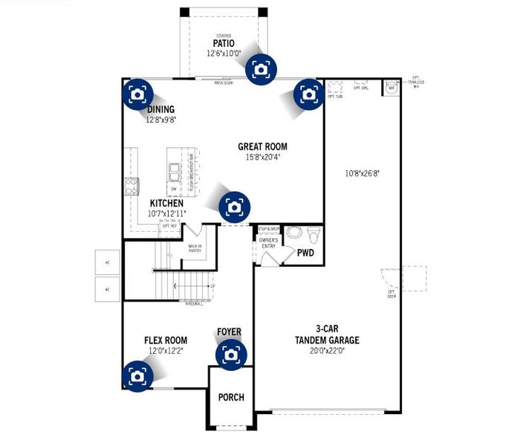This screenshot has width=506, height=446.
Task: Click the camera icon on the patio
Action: click(261, 69)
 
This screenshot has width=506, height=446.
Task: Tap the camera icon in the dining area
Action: click(137, 94)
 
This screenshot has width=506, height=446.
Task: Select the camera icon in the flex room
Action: click(137, 375)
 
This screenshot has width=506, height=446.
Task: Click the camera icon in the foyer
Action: click(231, 355)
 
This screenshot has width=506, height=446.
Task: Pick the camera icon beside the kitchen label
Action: click(234, 206)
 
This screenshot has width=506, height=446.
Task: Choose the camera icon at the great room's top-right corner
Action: click(308, 94)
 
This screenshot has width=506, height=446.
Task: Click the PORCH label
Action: click(230, 397)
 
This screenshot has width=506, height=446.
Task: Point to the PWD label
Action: click(305, 253)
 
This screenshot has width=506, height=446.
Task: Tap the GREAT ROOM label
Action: click(262, 146)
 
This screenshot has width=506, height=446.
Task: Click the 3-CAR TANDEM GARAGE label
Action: click(327, 335)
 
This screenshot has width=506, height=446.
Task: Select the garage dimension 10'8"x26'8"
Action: click(362, 173)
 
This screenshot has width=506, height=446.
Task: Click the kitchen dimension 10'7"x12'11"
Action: click(167, 213)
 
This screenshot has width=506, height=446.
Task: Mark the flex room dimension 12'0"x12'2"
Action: click(165, 351)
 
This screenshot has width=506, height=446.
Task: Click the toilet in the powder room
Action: click(314, 234)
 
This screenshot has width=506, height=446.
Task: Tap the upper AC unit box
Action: click(107, 262)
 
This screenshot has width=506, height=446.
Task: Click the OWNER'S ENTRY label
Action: click(268, 243)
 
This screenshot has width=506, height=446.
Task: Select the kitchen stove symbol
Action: click(132, 186)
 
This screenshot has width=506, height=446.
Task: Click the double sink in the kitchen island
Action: click(175, 172)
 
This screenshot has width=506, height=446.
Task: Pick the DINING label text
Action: click(160, 109)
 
